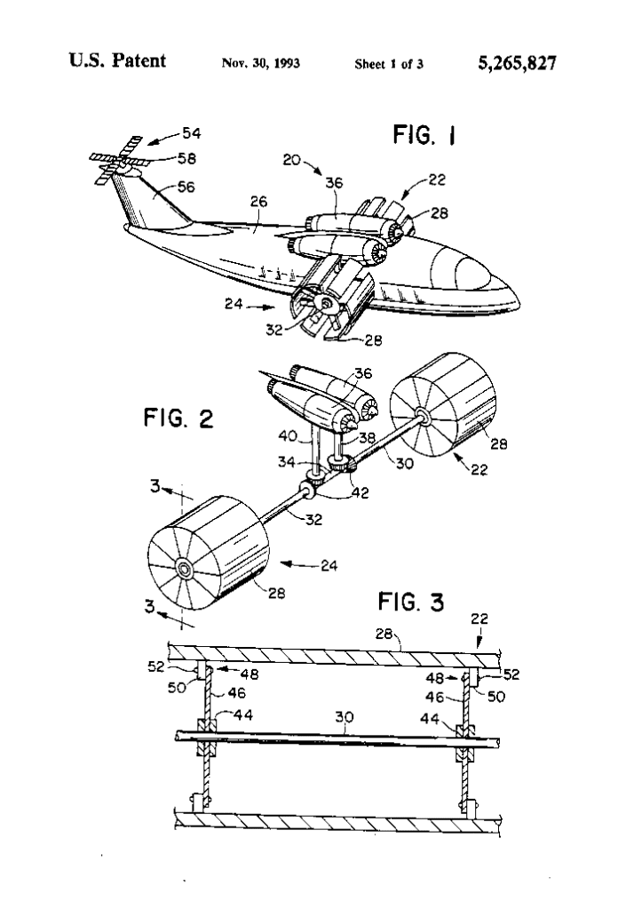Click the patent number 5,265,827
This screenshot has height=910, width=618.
pyautogui.click(x=517, y=63)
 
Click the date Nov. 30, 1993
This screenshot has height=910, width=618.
pyautogui.click(x=260, y=63)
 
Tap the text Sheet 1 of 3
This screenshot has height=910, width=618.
pyautogui.click(x=389, y=64)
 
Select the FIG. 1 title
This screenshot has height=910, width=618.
pyautogui.click(x=424, y=135)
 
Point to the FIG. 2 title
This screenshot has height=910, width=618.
pyautogui.click(x=178, y=419)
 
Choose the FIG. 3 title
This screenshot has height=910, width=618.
pyautogui.click(x=411, y=602)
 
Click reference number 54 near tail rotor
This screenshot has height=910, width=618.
pyautogui.click(x=191, y=133)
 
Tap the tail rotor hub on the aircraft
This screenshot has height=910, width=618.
pyautogui.click(x=123, y=164)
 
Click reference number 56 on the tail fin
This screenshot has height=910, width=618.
pyautogui.click(x=186, y=187)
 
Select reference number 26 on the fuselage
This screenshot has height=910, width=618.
pyautogui.click(x=258, y=202)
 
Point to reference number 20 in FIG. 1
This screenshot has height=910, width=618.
pyautogui.click(x=291, y=159)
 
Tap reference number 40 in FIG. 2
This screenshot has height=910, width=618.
pyautogui.click(x=288, y=435)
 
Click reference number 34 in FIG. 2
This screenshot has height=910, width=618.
pyautogui.click(x=287, y=462)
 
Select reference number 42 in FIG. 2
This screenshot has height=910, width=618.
pyautogui.click(x=360, y=492)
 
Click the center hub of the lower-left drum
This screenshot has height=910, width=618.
pyautogui.click(x=185, y=569)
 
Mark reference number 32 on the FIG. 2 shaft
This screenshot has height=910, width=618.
pyautogui.click(x=313, y=519)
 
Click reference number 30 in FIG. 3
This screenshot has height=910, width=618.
pyautogui.click(x=345, y=717)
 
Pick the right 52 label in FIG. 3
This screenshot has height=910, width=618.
pyautogui.click(x=511, y=675)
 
